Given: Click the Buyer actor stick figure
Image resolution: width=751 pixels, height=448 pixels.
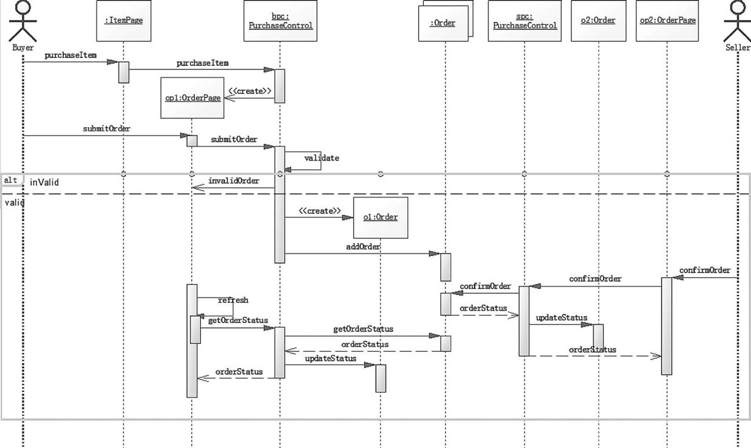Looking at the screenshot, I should [x=23, y=21].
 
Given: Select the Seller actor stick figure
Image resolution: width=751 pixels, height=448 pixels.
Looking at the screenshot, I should [x=738, y=21].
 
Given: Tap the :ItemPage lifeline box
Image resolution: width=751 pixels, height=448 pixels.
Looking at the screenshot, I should [x=124, y=20].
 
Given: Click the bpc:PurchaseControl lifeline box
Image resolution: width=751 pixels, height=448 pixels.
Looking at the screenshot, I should [x=280, y=21].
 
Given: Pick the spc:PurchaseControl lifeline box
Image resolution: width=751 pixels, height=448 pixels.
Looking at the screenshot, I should [x=524, y=21].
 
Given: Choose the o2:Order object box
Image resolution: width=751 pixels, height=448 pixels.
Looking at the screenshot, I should [x=598, y=21].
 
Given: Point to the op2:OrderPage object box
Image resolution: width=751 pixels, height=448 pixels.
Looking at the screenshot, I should [x=667, y=21].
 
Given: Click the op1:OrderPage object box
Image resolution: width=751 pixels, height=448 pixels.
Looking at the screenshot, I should [x=191, y=98].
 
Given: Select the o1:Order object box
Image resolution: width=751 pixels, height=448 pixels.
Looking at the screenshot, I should [x=380, y=217].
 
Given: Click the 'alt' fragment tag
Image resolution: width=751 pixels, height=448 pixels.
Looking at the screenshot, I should [x=10, y=180].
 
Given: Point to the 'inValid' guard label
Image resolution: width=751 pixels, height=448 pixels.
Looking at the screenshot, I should [x=44, y=182].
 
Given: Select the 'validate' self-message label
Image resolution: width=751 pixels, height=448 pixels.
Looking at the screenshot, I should [x=322, y=158].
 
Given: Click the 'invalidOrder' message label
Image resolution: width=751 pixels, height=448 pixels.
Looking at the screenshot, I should [x=233, y=181].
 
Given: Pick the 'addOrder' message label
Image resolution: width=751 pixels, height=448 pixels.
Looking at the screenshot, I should [x=364, y=246].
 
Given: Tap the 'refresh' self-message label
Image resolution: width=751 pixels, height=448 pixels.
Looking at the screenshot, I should [x=233, y=300].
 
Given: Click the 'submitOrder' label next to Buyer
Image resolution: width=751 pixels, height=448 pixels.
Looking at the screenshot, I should [x=107, y=129].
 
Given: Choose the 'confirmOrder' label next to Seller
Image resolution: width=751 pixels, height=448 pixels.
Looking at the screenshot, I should [x=704, y=270].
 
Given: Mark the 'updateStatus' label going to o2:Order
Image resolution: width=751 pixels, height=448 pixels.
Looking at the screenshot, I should [x=561, y=318].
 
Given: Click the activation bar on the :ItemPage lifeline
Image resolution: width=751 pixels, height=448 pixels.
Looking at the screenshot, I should [x=124, y=72].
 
